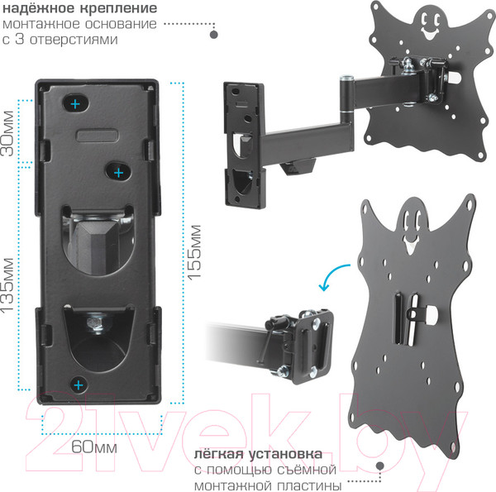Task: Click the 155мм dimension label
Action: tap(194, 252)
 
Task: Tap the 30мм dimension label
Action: tap(7, 133)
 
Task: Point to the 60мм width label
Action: tap(94, 447)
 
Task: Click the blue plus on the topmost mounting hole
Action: tap(75, 104)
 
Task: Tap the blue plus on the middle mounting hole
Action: tap(118, 173)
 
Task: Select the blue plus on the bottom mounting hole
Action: tap(79, 385)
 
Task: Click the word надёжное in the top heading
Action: tap(38, 8)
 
